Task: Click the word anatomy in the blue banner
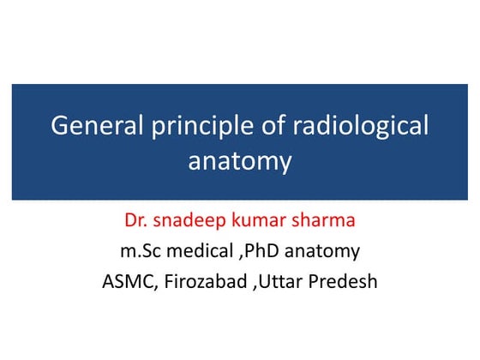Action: click(240, 161)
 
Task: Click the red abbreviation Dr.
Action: click(138, 222)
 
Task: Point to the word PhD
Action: click(267, 251)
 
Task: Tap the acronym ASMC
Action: click(127, 280)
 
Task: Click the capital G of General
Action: click(60, 126)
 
